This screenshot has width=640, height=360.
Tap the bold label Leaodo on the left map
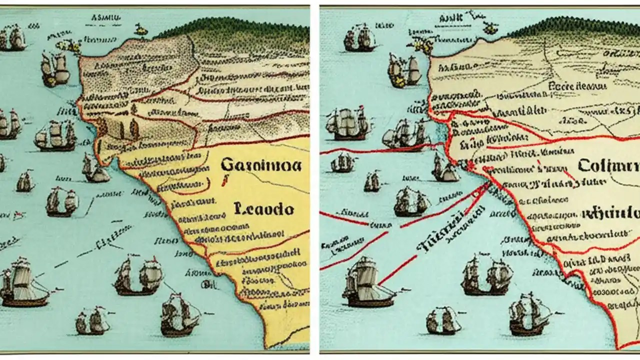[x=263, y=209]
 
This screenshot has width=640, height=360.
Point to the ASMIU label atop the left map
[x=106, y=18]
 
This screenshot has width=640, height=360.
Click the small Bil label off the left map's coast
[x=206, y=284]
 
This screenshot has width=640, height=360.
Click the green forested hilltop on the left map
[x=240, y=30]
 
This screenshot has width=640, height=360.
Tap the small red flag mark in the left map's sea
[x=19, y=215]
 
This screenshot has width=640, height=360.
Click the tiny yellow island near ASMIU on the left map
[x=141, y=29]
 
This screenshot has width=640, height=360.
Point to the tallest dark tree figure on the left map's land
[x=134, y=129]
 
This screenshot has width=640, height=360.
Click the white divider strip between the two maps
[x=314, y=180]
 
